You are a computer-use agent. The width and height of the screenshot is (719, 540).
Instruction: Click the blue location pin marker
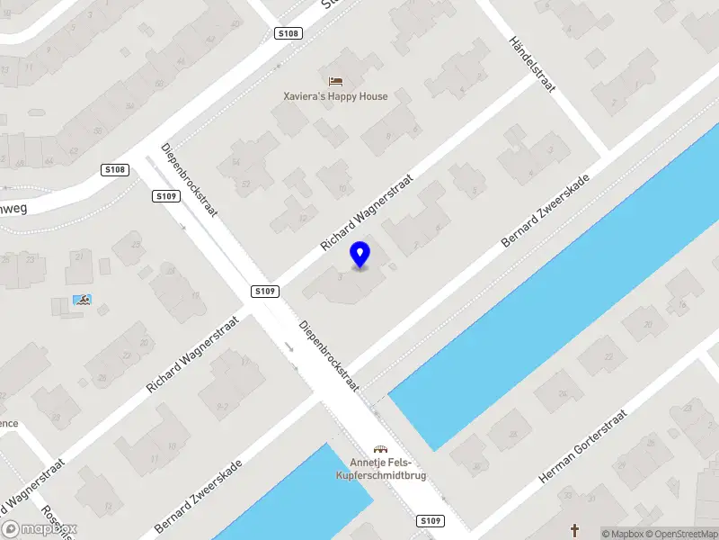(359, 255)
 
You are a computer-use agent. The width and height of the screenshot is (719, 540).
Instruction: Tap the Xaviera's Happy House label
(335, 96)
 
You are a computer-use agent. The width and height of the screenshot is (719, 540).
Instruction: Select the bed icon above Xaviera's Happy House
(335, 81)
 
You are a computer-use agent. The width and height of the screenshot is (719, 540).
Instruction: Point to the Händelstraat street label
(532, 64)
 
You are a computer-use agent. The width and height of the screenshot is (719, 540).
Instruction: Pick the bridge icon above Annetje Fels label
(381, 449)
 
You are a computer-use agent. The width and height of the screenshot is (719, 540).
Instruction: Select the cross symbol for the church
(576, 530)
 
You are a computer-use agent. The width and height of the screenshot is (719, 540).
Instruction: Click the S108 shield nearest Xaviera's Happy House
(288, 33)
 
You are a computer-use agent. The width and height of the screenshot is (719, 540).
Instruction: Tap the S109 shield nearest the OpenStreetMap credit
(431, 521)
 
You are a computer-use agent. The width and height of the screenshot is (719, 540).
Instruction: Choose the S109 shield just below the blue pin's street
(265, 291)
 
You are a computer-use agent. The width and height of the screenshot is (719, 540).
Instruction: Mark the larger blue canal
(557, 288)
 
